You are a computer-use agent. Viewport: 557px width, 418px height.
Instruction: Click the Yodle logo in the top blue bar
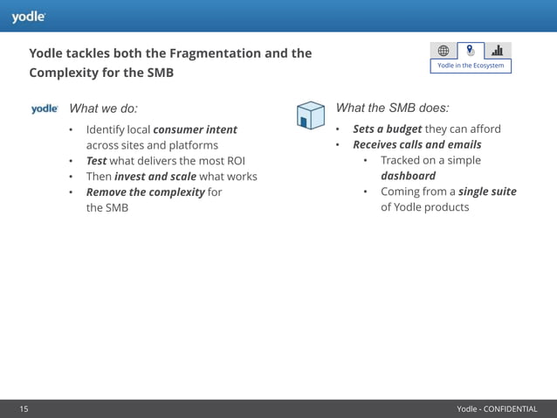28,16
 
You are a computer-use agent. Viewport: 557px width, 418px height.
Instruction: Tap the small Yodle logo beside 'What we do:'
45,109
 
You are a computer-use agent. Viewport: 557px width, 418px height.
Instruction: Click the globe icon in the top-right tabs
444,50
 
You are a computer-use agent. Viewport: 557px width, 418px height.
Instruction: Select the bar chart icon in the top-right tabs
497,50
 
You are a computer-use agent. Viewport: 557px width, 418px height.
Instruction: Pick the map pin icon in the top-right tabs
471,50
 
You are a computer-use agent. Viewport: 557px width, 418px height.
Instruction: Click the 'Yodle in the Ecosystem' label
471,66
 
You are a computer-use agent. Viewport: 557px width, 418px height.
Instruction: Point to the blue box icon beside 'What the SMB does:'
310,114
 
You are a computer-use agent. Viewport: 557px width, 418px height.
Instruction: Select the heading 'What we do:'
103,109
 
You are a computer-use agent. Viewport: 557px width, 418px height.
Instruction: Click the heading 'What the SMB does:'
392,108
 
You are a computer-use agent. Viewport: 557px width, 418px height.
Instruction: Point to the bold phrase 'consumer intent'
195,129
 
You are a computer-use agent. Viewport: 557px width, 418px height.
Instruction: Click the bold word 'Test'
96,161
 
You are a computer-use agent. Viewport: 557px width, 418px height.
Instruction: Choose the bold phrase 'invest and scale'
155,177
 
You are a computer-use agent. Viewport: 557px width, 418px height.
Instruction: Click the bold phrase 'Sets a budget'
387,129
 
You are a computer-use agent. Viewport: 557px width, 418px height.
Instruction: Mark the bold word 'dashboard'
408,176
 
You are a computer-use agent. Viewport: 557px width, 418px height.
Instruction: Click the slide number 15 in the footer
24,408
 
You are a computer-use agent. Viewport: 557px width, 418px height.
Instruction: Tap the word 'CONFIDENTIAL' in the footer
510,408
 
